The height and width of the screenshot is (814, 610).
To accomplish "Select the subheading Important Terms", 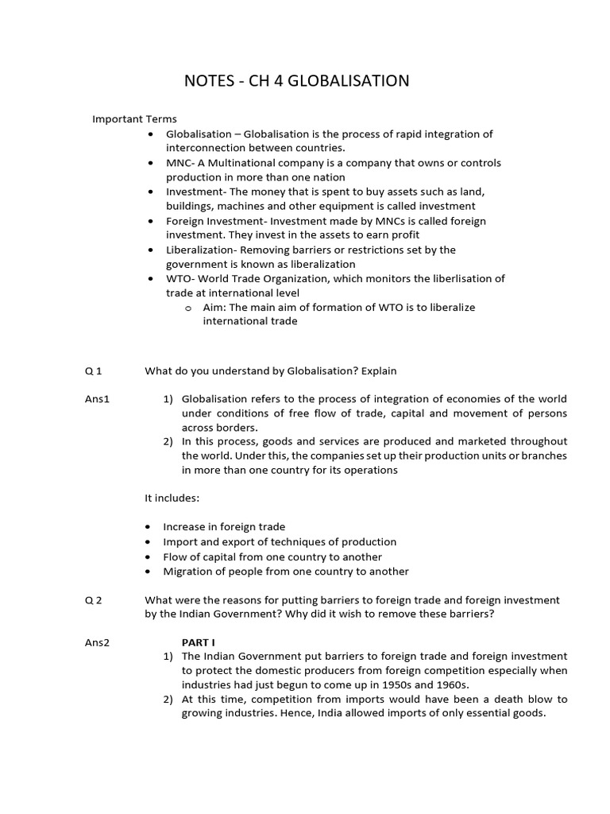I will tap(134, 119).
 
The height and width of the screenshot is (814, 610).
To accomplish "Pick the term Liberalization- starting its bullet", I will tap(203, 250).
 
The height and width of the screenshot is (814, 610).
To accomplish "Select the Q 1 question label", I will tap(94, 370).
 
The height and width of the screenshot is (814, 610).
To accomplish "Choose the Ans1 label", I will tap(97, 399).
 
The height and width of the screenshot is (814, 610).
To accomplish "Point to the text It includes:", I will tap(172, 498).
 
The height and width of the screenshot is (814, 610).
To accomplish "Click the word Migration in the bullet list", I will tap(188, 571).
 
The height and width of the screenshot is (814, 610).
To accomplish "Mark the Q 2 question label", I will tap(94, 600).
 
